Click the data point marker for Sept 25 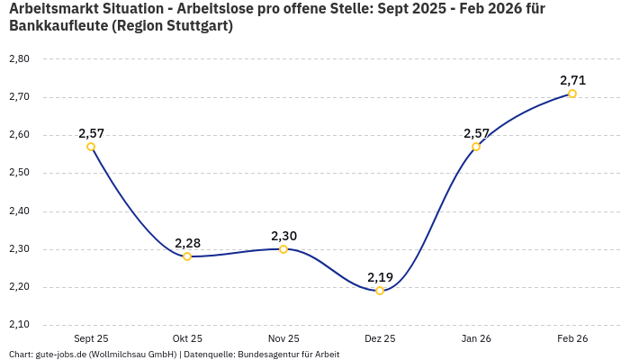click(x=91, y=147)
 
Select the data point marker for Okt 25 click(x=187, y=256)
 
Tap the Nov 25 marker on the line click(x=283, y=249)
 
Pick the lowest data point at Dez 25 click(x=380, y=291)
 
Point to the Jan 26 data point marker click(x=476, y=147)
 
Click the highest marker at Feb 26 click(x=572, y=94)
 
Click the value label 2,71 click(x=572, y=80)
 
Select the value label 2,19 click(x=380, y=277)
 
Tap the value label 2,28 click(x=187, y=243)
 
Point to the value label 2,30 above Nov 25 click(x=283, y=236)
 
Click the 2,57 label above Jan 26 click(x=476, y=133)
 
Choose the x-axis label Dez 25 click(x=380, y=338)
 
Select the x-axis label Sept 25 click(x=91, y=338)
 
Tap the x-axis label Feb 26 click(x=572, y=338)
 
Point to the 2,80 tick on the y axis click(x=19, y=58)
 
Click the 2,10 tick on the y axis click(x=19, y=325)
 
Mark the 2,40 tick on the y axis click(x=19, y=211)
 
